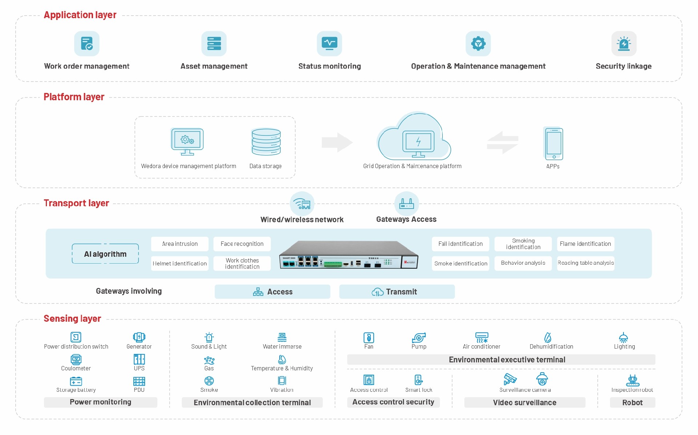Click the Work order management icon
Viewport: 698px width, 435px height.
[87, 44]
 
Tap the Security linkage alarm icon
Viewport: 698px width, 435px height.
[623, 44]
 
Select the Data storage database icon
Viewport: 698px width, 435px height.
[266, 142]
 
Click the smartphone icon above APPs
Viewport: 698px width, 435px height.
[553, 144]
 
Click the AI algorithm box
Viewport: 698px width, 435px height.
[105, 254]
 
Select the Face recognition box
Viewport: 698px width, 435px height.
[242, 244]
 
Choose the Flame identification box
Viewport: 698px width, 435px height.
[585, 244]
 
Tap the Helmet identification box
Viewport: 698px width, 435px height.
[180, 264]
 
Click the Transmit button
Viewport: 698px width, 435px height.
[397, 292]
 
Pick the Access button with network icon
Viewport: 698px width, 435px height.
[272, 292]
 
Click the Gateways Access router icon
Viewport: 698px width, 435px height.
[406, 204]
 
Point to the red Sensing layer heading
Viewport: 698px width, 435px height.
[72, 318]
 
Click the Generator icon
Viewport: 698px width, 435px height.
[139, 337]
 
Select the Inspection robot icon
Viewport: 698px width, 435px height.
[633, 380]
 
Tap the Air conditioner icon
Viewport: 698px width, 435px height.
[482, 337]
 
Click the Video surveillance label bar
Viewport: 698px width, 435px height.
[525, 402]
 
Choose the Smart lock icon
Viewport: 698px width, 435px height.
[418, 380]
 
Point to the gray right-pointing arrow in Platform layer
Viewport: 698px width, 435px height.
[337, 142]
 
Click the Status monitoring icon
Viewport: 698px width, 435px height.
[329, 44]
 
